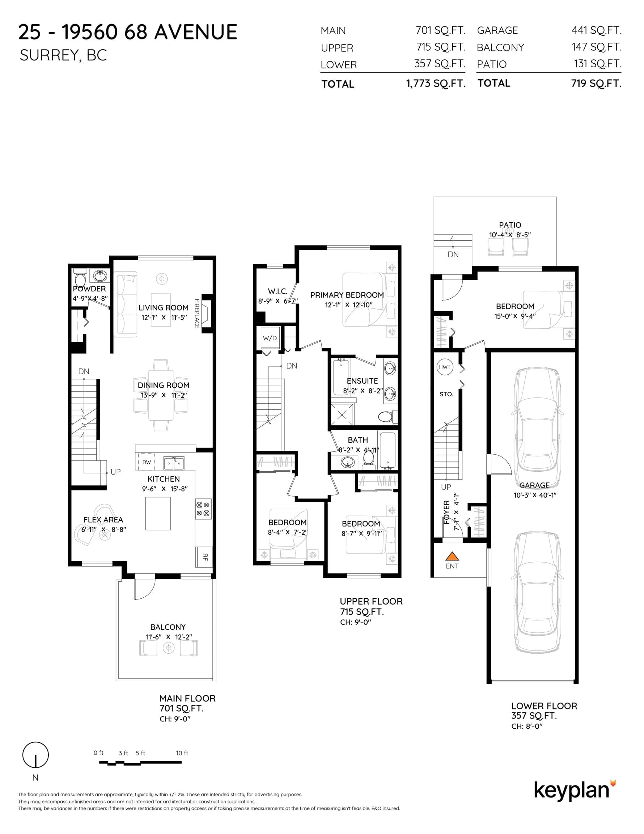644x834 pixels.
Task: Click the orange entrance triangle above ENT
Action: coord(452,556)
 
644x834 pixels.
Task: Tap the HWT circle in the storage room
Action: coord(445,367)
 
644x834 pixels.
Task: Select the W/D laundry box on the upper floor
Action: coord(270,338)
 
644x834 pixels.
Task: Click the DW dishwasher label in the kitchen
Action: coord(147,462)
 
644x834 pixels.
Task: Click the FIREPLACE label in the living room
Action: coord(197,313)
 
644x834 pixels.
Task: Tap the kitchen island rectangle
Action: coord(158,514)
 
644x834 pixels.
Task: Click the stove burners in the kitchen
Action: coord(203,509)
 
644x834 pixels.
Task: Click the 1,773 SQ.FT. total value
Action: coord(436,84)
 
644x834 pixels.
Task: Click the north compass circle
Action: coord(35,755)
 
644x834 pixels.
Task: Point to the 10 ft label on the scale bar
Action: coord(182,753)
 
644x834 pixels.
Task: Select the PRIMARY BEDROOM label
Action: coord(347,295)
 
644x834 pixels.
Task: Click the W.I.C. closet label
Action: coord(277,291)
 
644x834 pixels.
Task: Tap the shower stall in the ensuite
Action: coord(342,414)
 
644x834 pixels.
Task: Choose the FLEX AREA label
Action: coord(103,520)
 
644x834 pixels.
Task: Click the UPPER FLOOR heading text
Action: coord(372,602)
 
